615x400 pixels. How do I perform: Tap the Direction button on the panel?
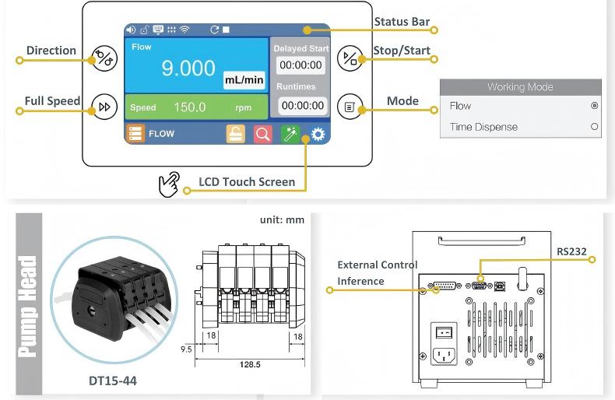(104, 58)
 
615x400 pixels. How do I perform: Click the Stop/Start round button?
(350, 58)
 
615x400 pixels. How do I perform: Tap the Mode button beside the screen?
(350, 107)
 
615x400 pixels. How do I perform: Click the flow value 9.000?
(188, 68)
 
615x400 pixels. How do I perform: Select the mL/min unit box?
(244, 80)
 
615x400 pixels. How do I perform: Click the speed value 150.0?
(190, 107)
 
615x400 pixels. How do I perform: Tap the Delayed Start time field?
(300, 65)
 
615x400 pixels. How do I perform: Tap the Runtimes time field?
(302, 106)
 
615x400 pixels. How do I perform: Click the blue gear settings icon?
(318, 134)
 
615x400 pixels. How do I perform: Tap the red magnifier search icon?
(263, 134)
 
